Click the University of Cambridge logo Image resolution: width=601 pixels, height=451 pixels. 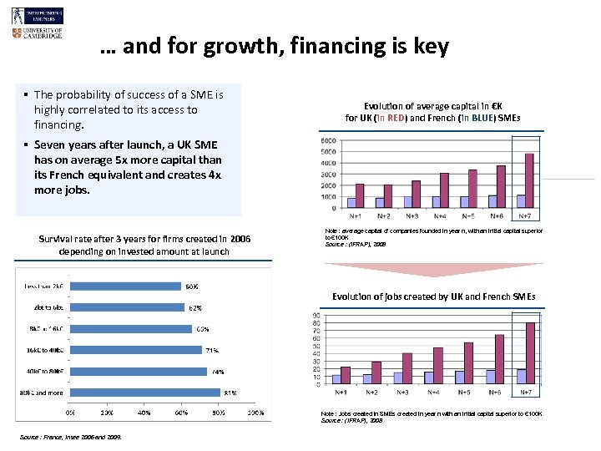coord(38,33)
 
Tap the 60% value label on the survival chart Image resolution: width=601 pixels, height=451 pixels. coord(191,286)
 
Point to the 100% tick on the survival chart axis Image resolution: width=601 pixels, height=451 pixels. coord(256,413)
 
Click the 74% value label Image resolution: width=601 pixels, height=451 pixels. coord(218,372)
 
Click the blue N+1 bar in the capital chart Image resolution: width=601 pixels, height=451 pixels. coord(351,202)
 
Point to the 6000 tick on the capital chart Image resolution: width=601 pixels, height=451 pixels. coord(329,140)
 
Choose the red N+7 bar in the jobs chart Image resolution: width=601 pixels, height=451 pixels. coord(530,353)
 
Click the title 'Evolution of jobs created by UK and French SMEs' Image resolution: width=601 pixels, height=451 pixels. coord(433,296)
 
